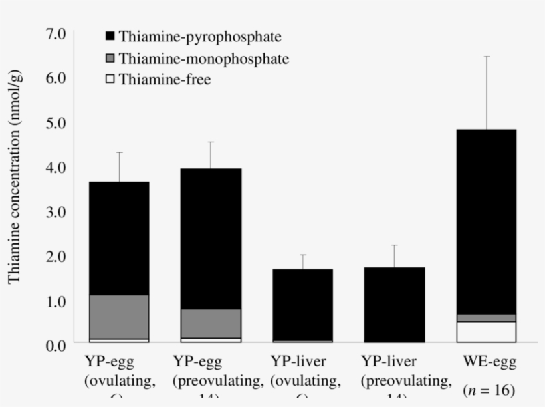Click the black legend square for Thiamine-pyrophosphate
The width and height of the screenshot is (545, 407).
pos(110,37)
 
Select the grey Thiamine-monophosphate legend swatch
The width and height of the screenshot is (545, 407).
pos(110,59)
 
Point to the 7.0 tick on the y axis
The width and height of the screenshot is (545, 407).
pos(56,34)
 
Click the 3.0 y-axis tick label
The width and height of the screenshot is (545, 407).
pos(56,211)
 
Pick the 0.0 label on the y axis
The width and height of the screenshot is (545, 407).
pos(56,345)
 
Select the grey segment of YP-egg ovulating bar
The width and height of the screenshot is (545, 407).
pos(119,317)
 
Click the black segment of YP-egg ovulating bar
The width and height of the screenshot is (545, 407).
pos(119,238)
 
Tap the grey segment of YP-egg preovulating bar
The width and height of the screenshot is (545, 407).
pos(211,323)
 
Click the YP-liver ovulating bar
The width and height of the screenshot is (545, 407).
pos(302,306)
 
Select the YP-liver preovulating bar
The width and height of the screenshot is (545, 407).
pos(394,306)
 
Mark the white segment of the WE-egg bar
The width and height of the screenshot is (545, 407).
pos(486,331)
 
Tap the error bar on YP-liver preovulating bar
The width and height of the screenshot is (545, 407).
pos(394,256)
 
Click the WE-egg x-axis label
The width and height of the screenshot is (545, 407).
pos(489,362)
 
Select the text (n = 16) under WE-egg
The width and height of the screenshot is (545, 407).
pos(489,389)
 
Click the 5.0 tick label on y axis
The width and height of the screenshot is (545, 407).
pos(56,123)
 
